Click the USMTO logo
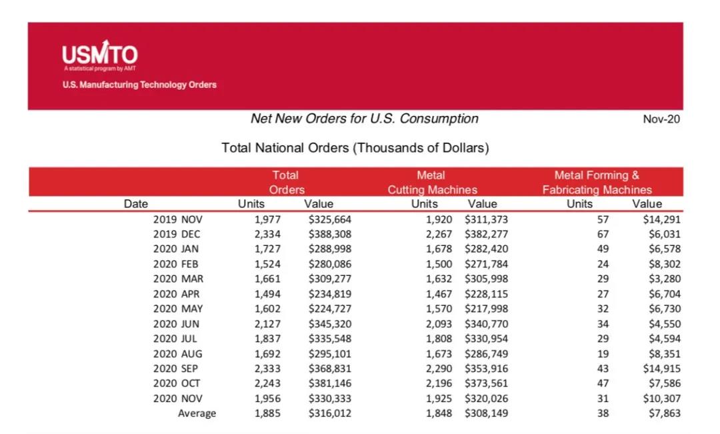click(x=99, y=55)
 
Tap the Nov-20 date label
click(x=661, y=119)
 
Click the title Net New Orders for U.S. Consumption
click(x=364, y=119)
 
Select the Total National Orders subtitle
click(x=355, y=148)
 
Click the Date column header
click(x=136, y=204)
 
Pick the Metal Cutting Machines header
click(x=432, y=182)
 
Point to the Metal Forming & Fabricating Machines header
click(x=597, y=182)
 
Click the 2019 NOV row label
click(x=178, y=219)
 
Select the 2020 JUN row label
click(x=176, y=324)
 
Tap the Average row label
click(x=197, y=413)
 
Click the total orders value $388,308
click(x=330, y=234)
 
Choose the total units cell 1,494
click(x=267, y=294)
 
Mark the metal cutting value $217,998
click(x=486, y=309)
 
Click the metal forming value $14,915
click(x=662, y=369)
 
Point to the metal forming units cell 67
click(x=603, y=234)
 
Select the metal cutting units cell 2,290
click(x=439, y=369)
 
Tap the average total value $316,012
click(x=330, y=413)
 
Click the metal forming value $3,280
click(x=665, y=279)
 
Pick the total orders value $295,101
click(x=330, y=354)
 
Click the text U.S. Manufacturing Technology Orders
click(x=139, y=85)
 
